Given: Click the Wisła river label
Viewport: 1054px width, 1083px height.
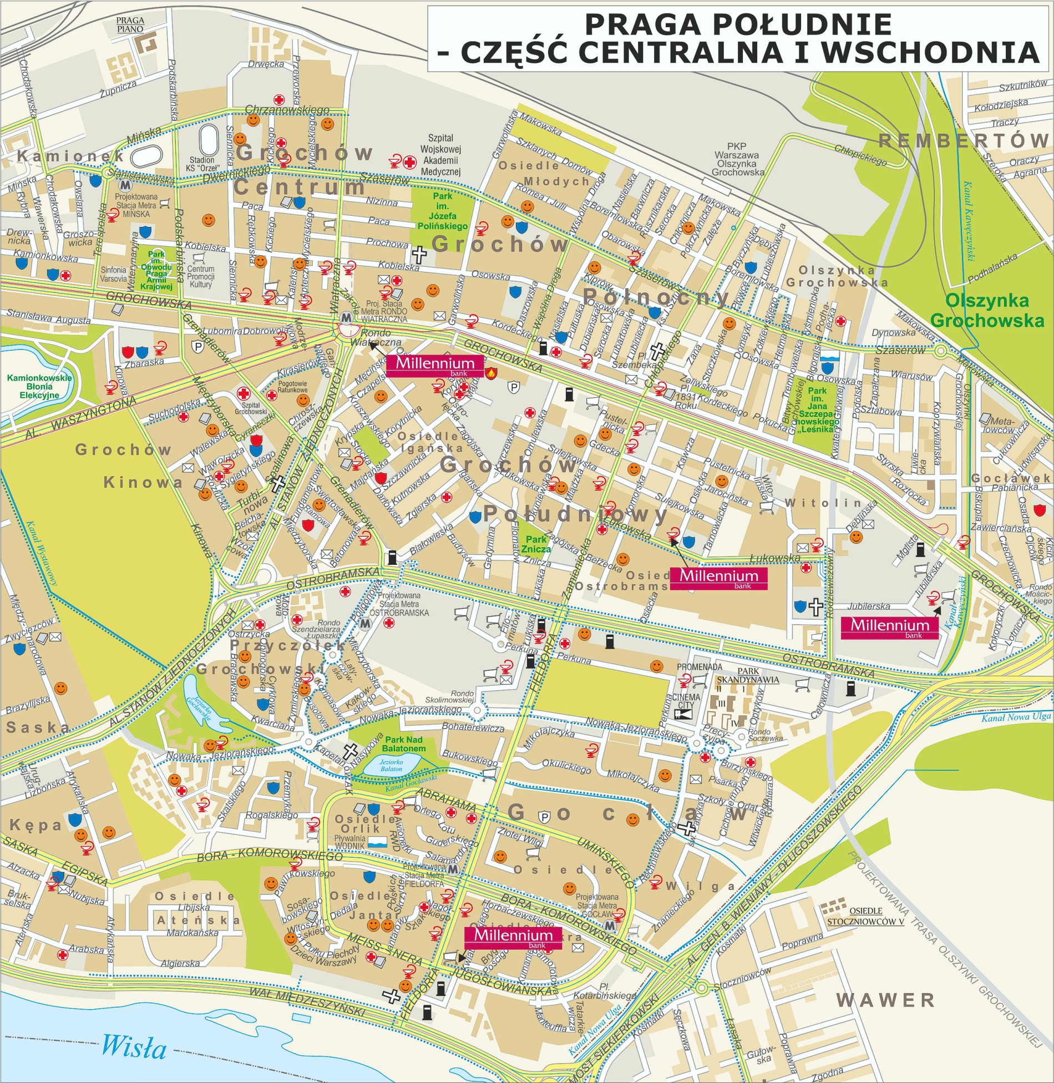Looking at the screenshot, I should click(x=134, y=1046).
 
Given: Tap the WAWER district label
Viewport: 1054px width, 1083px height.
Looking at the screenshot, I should click(x=885, y=1000).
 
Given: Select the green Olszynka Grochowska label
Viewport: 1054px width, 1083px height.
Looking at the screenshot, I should click(x=987, y=310).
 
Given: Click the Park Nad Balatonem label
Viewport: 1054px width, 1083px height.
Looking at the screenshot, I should click(x=404, y=743).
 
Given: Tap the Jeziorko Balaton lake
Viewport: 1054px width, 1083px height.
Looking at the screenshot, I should click(x=391, y=766).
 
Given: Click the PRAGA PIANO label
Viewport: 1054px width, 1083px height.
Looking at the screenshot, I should click(x=130, y=25).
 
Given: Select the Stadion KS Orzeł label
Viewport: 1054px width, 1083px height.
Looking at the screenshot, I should click(x=201, y=164).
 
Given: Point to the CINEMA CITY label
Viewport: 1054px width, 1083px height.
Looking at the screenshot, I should click(x=686, y=701).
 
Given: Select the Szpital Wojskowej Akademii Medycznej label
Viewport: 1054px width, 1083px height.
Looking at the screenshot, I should click(x=440, y=155).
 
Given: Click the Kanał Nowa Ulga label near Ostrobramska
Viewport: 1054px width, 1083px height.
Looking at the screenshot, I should click(x=1016, y=717).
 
